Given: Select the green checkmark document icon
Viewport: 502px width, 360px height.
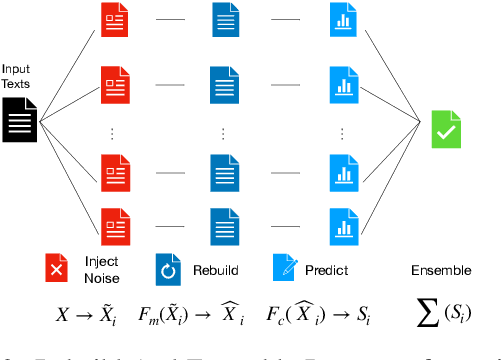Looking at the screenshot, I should (446, 130).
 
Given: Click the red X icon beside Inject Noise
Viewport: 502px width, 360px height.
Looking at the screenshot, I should (57, 271).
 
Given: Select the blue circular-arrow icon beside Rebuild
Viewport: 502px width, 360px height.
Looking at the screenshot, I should (167, 271).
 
